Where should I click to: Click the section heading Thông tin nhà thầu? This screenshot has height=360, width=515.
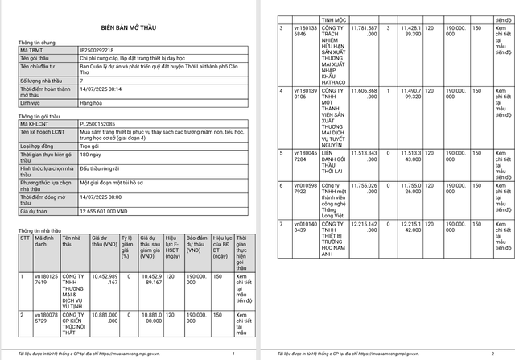39,230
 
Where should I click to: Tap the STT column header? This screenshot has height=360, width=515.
23,239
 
